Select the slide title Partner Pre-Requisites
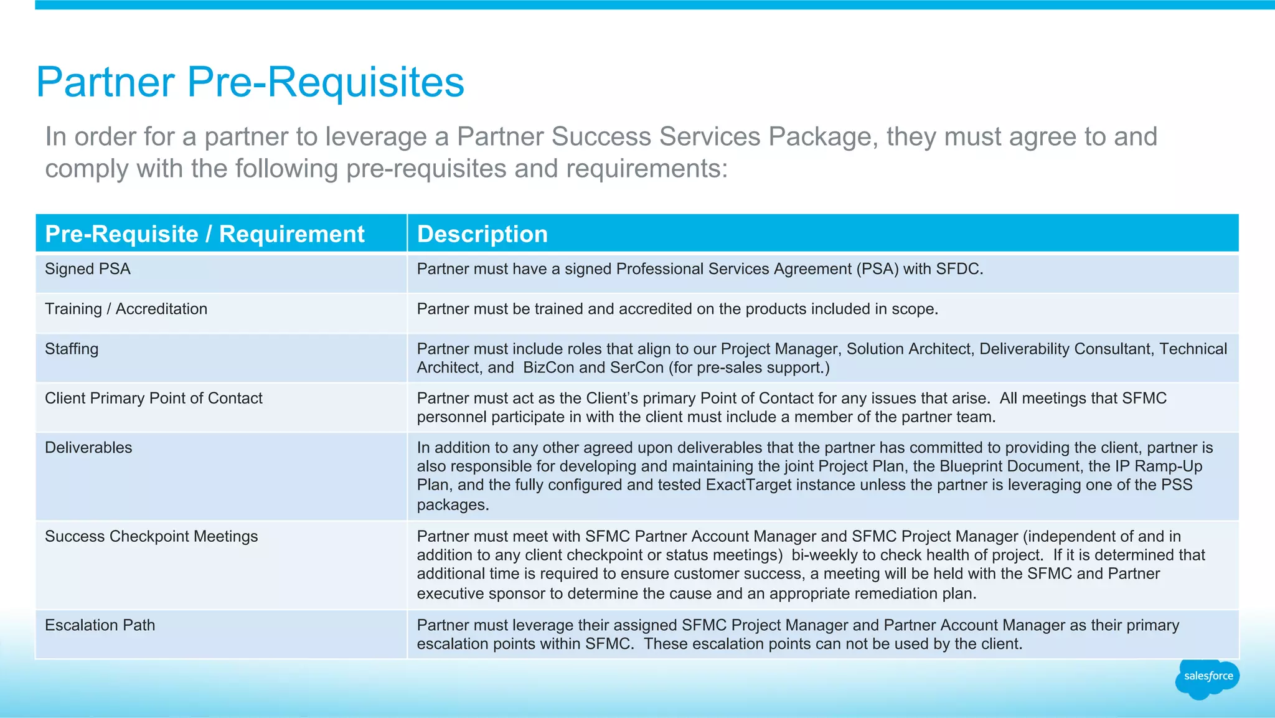pos(250,82)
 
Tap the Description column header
pos(482,234)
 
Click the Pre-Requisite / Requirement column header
pos(205,234)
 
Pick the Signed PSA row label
pos(88,269)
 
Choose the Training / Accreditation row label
pos(126,309)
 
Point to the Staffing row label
pos(72,349)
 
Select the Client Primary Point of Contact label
pos(154,398)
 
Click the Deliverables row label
pos(88,448)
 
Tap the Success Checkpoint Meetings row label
pos(151,536)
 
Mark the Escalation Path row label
pos(100,625)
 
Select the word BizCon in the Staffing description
pos(548,367)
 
